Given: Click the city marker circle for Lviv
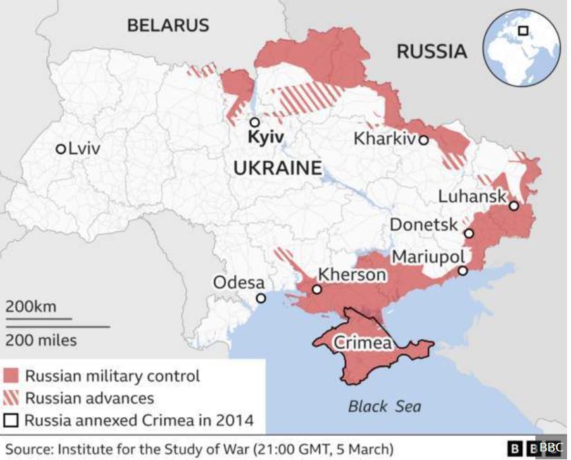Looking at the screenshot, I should [61, 148].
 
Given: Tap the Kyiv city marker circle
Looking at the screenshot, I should [255, 122].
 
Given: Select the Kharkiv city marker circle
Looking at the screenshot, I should [423, 140].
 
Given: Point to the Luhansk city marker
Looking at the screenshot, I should [514, 206].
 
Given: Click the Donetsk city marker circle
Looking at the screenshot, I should [469, 233].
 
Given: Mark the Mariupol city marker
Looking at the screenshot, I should [463, 270].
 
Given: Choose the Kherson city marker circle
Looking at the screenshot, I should [317, 289].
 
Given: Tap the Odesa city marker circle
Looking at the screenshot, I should [261, 298].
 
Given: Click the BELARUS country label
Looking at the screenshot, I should [168, 26].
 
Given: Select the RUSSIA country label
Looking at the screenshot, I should [431, 51].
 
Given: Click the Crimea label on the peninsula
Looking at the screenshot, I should [363, 343].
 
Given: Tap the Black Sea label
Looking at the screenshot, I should [384, 406].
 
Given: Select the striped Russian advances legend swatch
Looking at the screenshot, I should [11, 398].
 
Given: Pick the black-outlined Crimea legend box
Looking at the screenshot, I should [11, 420].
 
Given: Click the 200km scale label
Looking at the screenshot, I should [31, 306].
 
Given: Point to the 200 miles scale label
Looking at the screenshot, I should [42, 341].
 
